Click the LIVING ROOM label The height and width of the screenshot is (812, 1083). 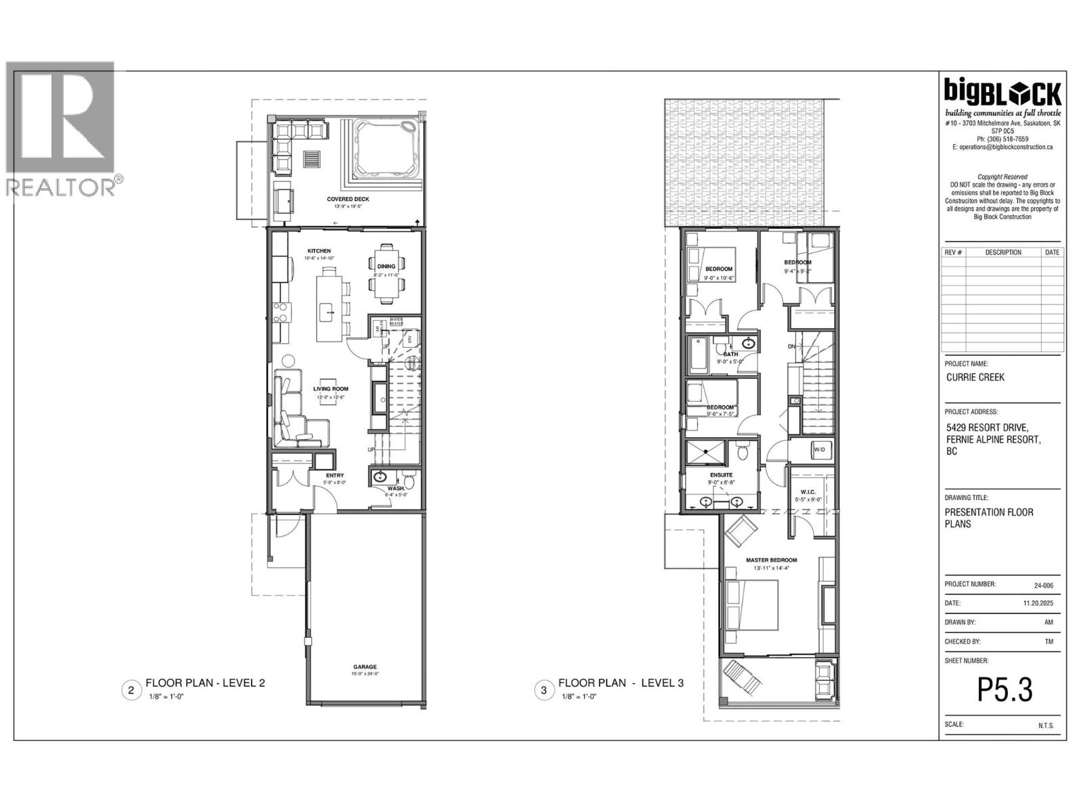tap(330, 388)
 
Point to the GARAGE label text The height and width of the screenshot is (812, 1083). tap(364, 667)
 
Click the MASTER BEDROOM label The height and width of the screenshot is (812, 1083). tap(771, 560)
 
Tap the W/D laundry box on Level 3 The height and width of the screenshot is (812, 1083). tap(819, 449)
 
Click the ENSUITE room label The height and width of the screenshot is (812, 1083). tap(721, 475)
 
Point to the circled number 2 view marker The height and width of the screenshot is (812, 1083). tap(131, 690)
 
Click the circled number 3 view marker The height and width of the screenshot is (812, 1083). tap(543, 690)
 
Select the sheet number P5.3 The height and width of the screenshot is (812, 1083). tap(1004, 691)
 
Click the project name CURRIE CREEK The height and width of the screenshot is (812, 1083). tap(975, 377)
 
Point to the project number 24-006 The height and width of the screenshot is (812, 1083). tap(1043, 585)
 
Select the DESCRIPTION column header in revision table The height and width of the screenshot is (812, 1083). tap(1002, 252)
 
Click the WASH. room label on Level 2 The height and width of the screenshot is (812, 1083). tap(395, 488)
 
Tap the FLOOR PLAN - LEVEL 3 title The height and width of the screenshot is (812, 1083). tap(620, 683)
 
